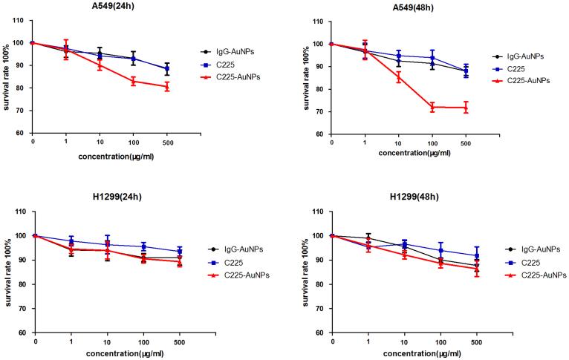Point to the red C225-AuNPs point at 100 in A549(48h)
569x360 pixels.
click(x=432, y=107)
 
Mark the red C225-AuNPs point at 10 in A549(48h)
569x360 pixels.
click(x=398, y=76)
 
